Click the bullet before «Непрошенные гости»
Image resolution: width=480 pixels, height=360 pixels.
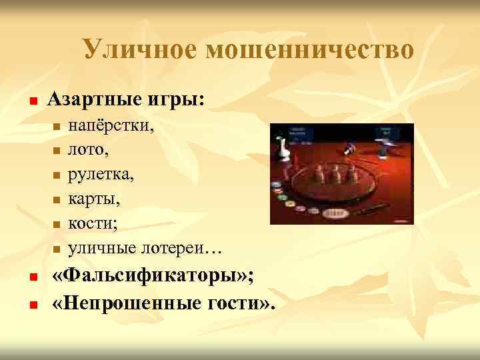point(31,304)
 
